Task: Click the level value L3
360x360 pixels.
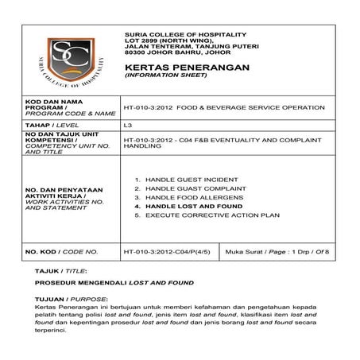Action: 128,126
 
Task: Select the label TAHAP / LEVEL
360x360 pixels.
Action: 52,126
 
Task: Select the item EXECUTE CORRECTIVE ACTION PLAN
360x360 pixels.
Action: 207,215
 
